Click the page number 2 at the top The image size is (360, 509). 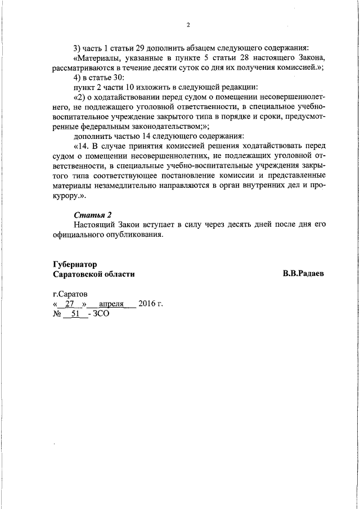(188, 25)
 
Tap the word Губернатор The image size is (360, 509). (75, 264)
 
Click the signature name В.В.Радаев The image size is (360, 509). (304, 273)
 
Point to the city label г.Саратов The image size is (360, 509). (70, 294)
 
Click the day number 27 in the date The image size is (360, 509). (70, 304)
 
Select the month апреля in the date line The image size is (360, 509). (111, 304)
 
